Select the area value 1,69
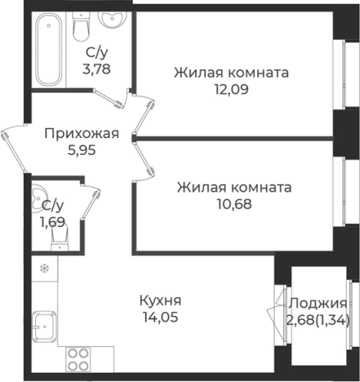point(52,220)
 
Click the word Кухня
point(161,300)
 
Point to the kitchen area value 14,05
point(159,317)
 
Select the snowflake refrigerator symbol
point(44,267)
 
